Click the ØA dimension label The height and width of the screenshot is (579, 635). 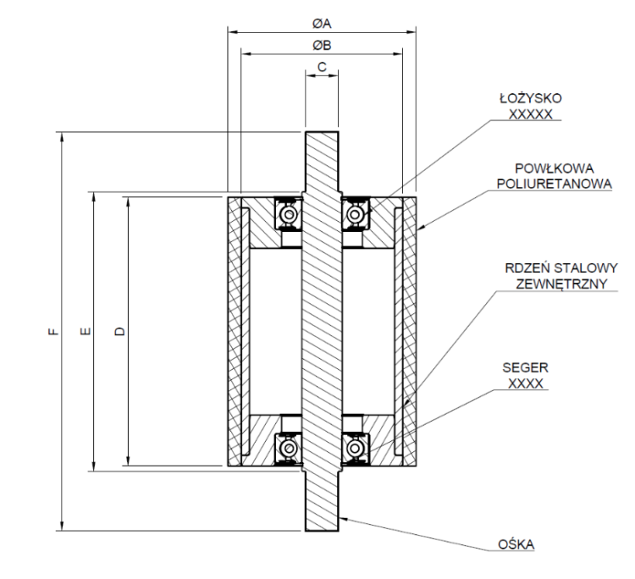coord(322,24)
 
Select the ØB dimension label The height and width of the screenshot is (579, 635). coord(322,46)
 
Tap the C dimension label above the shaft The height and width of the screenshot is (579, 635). coord(322,67)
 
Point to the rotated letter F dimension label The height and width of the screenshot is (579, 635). coord(53,332)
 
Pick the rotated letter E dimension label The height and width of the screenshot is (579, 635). coord(86,332)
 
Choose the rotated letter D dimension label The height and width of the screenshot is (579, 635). coord(120,332)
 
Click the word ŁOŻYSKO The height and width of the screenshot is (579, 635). coord(531,98)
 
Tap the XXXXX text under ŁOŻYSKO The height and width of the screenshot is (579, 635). coord(531,114)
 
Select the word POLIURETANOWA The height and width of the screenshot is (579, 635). coord(554,184)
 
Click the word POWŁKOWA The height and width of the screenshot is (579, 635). coord(554,168)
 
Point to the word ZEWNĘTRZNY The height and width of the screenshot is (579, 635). coord(561,284)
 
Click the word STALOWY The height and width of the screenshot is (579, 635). coord(586,268)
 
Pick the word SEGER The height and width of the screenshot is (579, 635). coord(525,367)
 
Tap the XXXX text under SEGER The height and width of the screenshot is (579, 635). coord(525,383)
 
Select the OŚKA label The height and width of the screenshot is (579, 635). coord(516,545)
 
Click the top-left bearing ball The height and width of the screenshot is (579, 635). coord(289,214)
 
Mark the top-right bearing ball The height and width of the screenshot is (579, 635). coord(355,214)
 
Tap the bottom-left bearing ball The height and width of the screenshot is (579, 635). coord(289,449)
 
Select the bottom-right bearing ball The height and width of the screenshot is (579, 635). coord(355,449)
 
